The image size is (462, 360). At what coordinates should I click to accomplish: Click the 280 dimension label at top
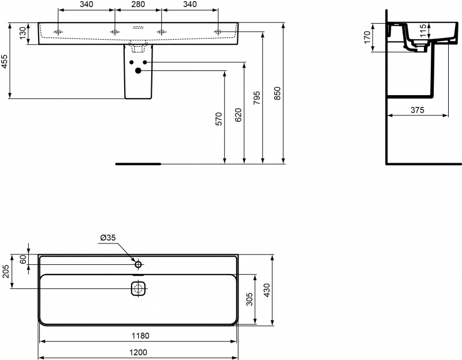tap(138, 4)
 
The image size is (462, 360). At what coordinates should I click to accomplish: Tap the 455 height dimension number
tap(5, 62)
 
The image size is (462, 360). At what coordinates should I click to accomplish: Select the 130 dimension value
tap(23, 33)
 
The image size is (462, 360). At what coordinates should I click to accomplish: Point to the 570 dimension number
tap(219, 119)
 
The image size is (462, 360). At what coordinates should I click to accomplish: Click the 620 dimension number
tap(238, 115)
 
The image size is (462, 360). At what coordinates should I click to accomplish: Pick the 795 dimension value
tap(257, 98)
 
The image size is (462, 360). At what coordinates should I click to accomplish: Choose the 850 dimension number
tap(277, 93)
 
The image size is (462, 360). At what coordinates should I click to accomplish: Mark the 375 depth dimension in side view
tap(418, 110)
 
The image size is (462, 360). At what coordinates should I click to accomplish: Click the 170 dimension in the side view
tap(367, 37)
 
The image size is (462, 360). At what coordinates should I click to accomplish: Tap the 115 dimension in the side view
tap(423, 31)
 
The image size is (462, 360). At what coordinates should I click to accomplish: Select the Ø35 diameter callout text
tap(108, 238)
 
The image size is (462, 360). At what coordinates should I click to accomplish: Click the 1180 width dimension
tap(140, 336)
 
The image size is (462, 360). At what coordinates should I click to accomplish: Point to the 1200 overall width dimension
tap(139, 352)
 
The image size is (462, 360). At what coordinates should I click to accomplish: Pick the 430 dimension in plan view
tap(267, 290)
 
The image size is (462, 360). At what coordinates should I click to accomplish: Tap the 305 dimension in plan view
tap(249, 299)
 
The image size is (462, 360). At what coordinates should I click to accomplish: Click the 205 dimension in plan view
tap(5, 272)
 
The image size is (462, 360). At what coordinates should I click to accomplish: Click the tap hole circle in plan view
tap(139, 264)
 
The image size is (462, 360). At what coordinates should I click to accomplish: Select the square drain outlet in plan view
tap(139, 288)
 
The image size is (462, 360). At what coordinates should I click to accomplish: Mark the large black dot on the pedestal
tap(138, 70)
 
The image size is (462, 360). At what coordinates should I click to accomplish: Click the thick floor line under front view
tap(138, 164)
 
